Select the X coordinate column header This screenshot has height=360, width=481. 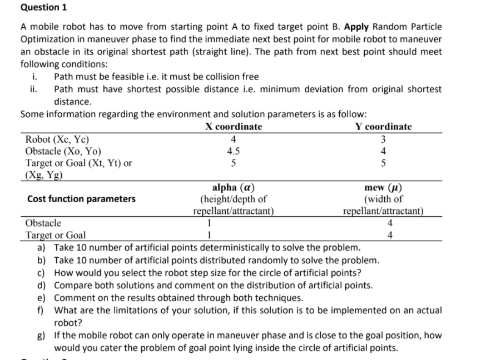click(233, 127)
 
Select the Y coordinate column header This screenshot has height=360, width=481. click(383, 127)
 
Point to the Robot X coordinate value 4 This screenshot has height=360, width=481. click(234, 139)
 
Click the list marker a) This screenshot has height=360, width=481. click(42, 248)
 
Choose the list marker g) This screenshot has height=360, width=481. click(42, 336)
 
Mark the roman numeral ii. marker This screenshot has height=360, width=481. click(34, 89)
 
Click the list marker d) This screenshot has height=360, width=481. click(42, 286)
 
